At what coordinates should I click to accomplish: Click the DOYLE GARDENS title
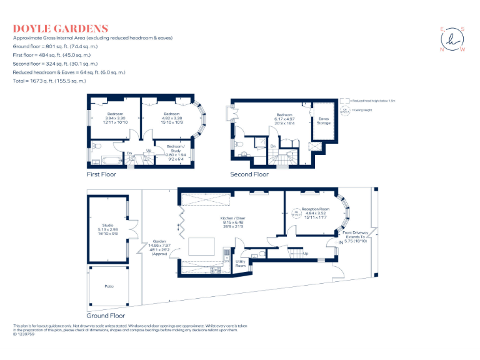61,29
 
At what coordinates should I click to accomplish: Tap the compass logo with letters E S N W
453,39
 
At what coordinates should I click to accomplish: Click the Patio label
109,286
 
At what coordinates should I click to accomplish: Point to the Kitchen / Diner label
232,219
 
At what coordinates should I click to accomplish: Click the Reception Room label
316,209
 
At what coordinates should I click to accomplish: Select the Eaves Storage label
324,121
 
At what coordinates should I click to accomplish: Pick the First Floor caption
102,174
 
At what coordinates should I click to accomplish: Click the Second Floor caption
249,174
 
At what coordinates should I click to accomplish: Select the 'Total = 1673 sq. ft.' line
50,81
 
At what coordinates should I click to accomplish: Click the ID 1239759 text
24,334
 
